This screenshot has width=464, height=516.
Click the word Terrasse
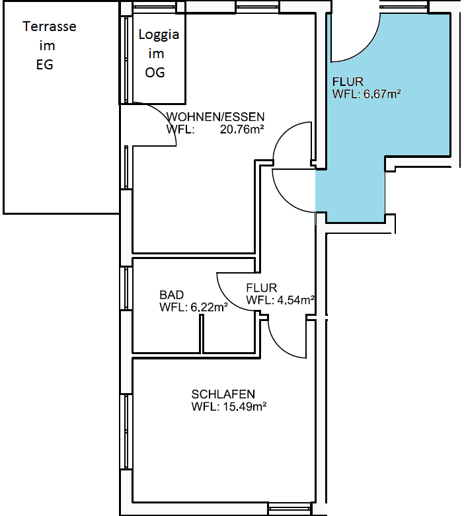(x=50, y=27)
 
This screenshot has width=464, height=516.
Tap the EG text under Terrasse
(x=44, y=65)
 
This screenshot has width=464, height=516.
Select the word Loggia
(x=158, y=35)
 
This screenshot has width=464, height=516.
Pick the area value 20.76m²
(x=242, y=129)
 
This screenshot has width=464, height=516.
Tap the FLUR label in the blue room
(x=348, y=82)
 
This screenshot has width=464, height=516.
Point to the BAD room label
(x=172, y=295)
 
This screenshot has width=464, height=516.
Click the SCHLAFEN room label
(x=223, y=394)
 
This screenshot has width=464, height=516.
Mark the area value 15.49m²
(x=243, y=407)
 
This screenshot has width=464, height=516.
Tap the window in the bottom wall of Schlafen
(x=289, y=509)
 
